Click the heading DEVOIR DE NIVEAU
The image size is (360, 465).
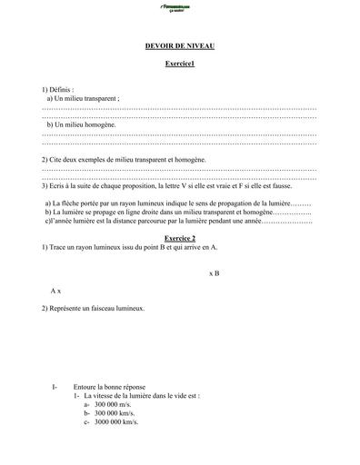(179, 45)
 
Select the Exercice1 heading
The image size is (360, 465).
(179, 65)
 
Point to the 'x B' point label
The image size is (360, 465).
(215, 272)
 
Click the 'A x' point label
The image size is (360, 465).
(56, 290)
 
